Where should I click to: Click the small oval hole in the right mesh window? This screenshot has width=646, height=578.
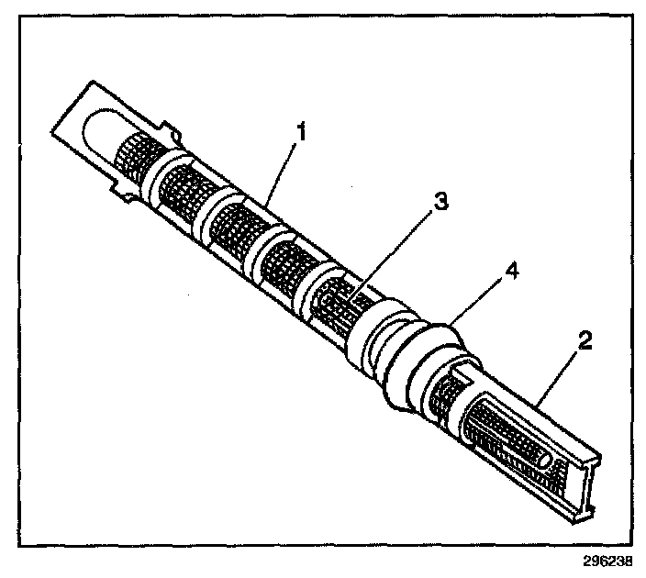tap(546, 462)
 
